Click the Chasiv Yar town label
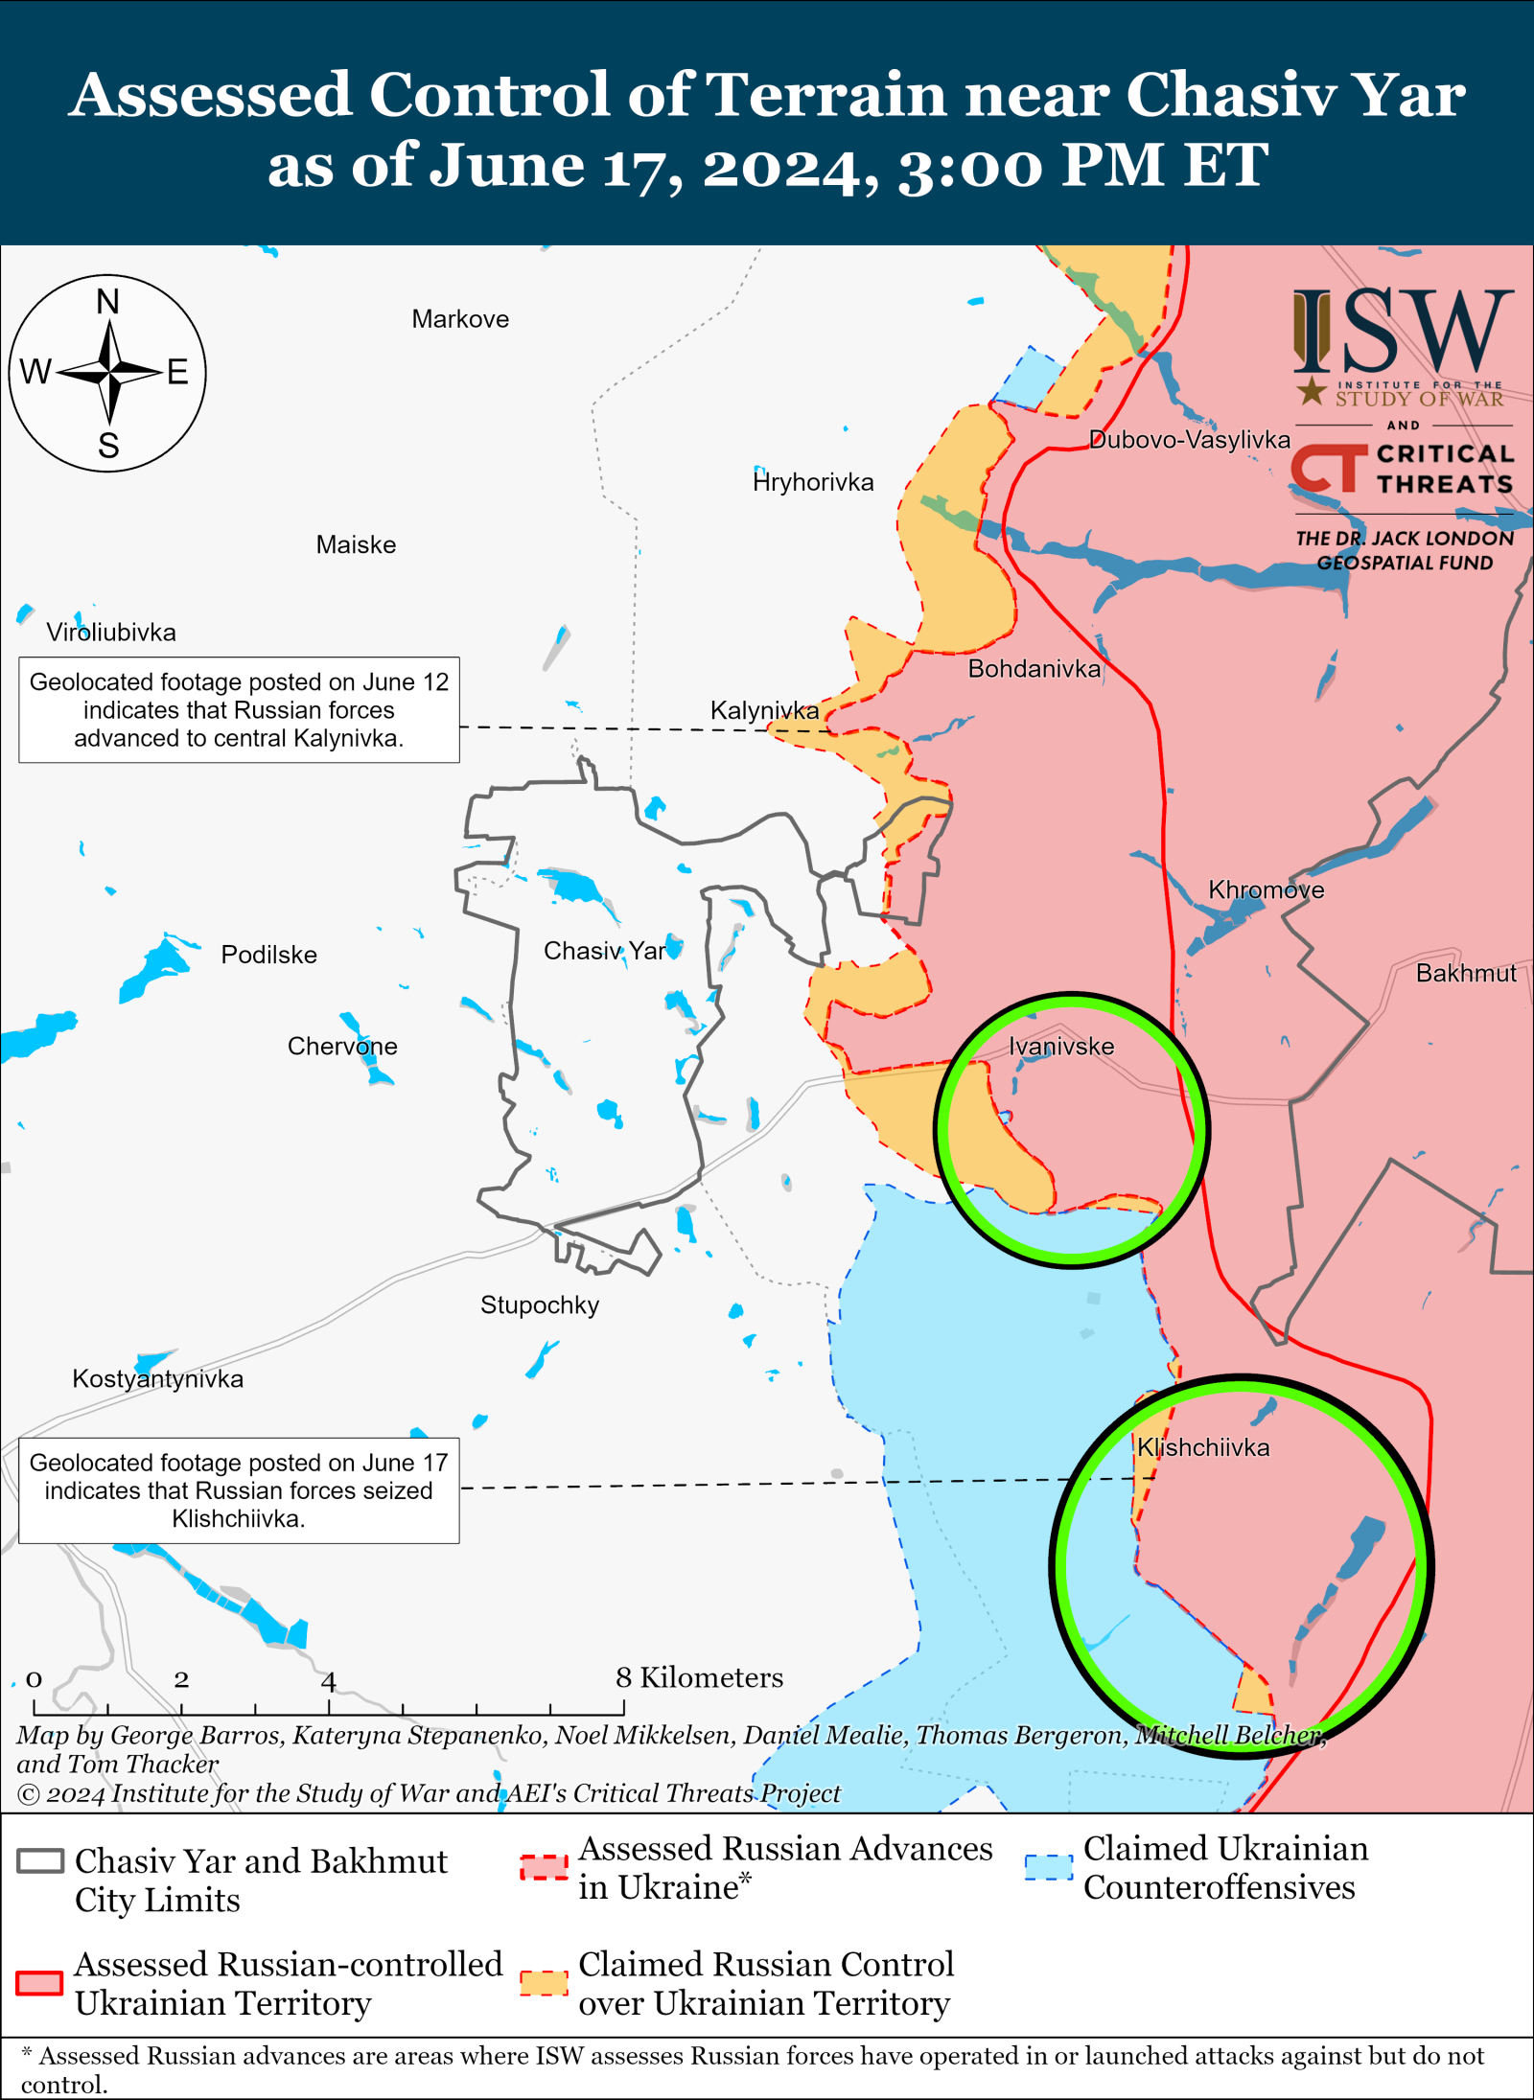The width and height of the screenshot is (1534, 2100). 604,951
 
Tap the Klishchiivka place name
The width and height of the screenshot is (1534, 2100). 1202,1447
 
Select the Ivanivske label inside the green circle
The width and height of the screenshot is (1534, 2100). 1061,1046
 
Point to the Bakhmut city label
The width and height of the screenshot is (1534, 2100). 1466,973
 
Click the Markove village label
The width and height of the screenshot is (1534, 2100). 460,319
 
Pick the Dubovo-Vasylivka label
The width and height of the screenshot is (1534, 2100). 1190,440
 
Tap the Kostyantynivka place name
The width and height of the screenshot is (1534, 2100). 158,1378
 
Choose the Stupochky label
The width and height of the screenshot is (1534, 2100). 540,1304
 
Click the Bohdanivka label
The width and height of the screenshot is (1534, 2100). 1034,668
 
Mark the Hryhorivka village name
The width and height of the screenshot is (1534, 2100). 813,482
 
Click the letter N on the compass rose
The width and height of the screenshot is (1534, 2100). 108,302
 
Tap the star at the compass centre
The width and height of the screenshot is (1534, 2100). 109,371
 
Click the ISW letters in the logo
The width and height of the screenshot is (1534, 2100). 1402,333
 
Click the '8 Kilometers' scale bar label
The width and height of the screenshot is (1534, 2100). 700,1677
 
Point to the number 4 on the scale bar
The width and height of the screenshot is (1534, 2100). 328,1680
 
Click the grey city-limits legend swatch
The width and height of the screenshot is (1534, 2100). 40,1861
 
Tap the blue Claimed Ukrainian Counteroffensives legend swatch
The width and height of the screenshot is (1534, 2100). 1048,1867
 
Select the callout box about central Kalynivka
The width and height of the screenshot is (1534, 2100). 239,710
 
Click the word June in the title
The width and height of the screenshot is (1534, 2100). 506,165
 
